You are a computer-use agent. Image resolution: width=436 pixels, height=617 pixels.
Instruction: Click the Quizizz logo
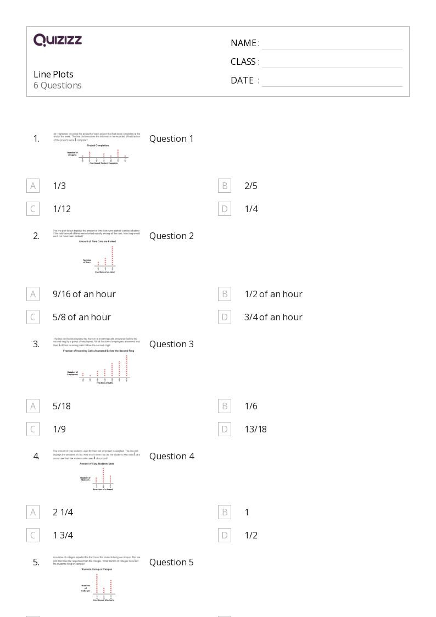coord(58,40)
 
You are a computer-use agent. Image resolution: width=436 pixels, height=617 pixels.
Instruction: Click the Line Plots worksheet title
coord(53,74)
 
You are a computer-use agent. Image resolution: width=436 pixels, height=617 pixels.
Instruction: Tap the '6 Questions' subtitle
coord(58,85)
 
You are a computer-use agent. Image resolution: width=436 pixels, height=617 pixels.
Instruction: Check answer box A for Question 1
coord(33,186)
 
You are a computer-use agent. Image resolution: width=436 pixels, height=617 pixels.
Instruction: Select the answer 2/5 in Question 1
coord(251,186)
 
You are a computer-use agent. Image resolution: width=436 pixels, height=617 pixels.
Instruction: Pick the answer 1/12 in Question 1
coord(62,209)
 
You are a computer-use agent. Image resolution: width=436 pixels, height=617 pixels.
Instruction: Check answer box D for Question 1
coord(225,209)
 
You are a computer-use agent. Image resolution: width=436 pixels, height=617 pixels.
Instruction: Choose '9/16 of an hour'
coord(84,294)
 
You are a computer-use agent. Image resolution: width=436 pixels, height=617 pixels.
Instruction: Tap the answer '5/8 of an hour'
coord(82,317)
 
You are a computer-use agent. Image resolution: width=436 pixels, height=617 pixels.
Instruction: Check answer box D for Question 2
coord(225,317)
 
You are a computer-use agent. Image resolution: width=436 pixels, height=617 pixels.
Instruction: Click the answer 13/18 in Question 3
coord(255,429)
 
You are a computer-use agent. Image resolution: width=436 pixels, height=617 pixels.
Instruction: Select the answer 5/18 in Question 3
coord(62,406)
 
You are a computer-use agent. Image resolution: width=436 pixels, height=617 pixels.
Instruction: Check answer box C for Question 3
coord(33,429)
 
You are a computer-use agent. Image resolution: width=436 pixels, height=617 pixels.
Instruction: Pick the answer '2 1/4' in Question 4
coord(63,512)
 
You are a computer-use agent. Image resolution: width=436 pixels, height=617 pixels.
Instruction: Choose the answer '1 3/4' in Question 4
coord(63,535)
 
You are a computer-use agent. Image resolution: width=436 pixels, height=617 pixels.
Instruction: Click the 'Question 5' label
coord(171,562)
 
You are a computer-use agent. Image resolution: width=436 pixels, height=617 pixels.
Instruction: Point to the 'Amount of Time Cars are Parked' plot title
coord(98,242)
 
